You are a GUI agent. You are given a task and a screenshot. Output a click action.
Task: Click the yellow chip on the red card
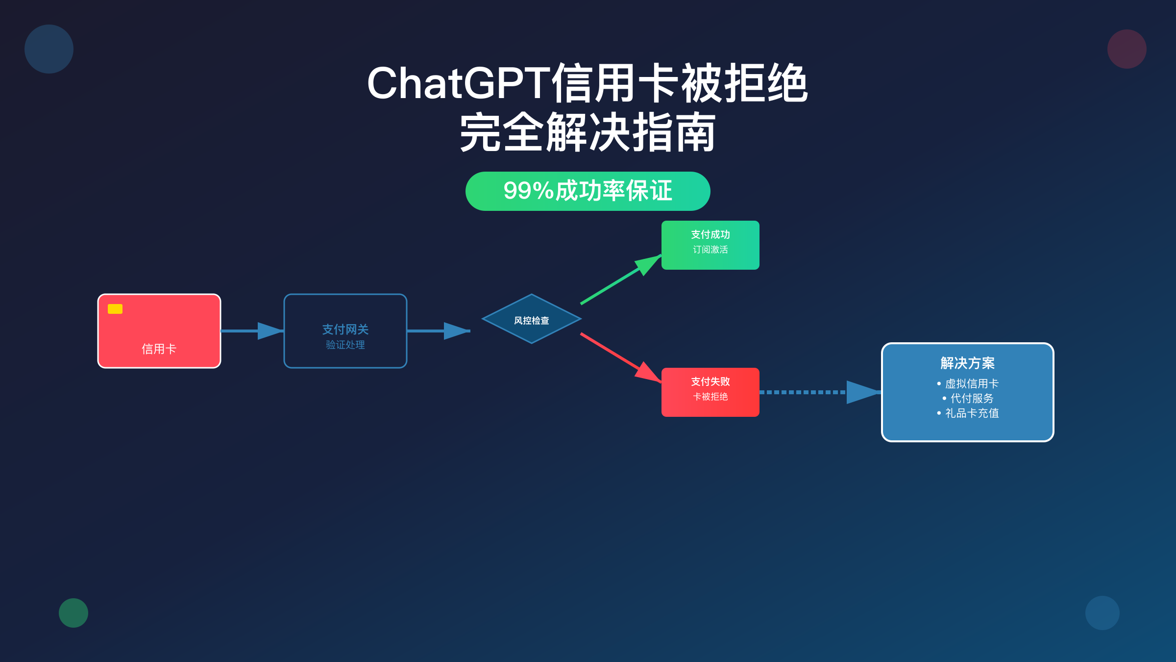click(115, 309)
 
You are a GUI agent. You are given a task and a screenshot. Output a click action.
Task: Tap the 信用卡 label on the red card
click(159, 349)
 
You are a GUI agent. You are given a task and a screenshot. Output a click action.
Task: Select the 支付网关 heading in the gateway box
click(345, 330)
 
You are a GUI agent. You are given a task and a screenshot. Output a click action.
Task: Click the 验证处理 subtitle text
click(345, 345)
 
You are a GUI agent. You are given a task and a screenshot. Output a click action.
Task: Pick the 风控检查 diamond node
click(532, 320)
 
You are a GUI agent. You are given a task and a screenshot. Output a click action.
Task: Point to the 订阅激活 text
click(710, 250)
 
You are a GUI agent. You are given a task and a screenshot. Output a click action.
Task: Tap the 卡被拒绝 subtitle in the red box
click(710, 397)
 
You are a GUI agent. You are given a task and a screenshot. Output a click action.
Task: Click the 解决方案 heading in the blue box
click(967, 363)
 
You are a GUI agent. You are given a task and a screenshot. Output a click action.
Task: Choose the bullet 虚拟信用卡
click(971, 384)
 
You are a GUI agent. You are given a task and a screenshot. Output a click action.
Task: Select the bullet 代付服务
click(971, 399)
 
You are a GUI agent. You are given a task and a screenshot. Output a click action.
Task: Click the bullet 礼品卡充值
click(971, 413)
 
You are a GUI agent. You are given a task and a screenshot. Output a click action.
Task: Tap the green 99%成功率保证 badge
click(588, 191)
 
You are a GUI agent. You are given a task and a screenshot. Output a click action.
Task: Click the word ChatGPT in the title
click(458, 83)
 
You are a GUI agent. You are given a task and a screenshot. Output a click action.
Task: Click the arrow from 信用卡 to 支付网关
click(252, 331)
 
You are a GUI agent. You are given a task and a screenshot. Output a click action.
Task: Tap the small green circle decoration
click(73, 613)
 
